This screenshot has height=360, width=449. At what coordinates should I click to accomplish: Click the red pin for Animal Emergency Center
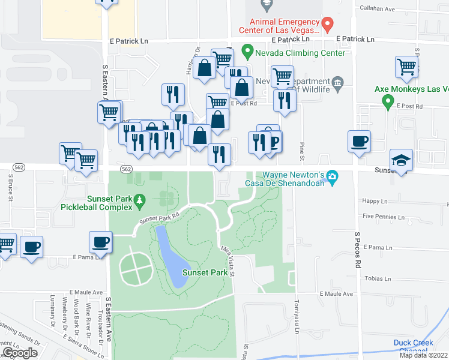(327, 25)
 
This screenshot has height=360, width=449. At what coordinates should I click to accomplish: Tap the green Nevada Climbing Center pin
(246, 52)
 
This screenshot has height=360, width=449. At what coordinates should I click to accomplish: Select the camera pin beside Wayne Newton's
(331, 177)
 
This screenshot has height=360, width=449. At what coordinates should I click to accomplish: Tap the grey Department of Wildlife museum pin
(337, 82)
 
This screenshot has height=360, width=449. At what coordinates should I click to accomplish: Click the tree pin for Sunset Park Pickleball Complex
(140, 200)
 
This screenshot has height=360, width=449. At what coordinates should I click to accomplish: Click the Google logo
(20, 353)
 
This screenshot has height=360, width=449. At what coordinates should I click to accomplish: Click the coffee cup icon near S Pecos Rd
(359, 142)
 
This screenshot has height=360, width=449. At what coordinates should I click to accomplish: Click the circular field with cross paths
(136, 269)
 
